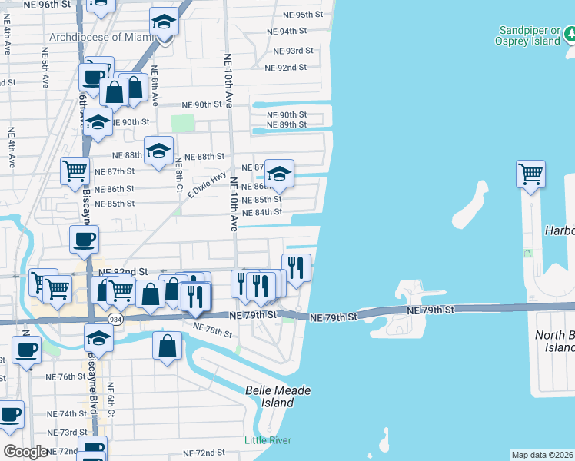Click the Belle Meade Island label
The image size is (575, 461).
pyautogui.click(x=278, y=396)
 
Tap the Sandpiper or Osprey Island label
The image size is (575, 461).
pyautogui.click(x=529, y=35)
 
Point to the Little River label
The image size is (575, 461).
pyautogui.click(x=268, y=440)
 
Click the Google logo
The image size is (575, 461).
pyautogui.click(x=25, y=452)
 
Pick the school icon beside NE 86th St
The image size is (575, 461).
pyautogui.click(x=279, y=174)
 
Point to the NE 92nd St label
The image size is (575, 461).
pyautogui.click(x=285, y=68)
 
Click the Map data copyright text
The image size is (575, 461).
pyautogui.click(x=543, y=455)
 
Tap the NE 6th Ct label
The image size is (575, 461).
pyautogui.click(x=111, y=400)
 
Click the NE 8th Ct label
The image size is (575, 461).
pyautogui.click(x=178, y=175)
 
